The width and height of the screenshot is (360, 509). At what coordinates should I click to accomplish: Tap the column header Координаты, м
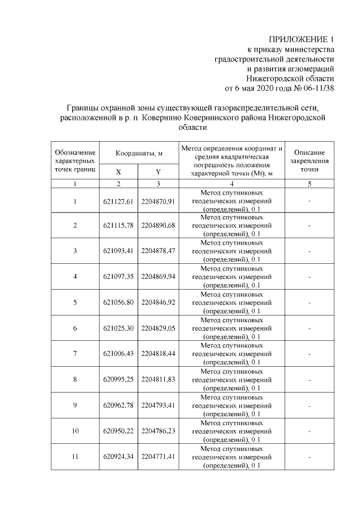[139, 153]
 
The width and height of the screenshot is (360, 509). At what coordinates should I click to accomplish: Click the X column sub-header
[118, 172]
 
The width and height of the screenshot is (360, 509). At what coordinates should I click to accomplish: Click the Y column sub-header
[158, 172]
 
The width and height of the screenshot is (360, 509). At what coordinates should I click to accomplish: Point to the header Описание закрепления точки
[309, 161]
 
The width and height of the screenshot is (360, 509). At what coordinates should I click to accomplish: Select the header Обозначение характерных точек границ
[75, 161]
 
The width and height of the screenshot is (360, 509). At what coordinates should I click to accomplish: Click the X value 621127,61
[118, 201]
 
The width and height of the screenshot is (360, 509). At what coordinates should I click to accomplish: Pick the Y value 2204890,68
[158, 226]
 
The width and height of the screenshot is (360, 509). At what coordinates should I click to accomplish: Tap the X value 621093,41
[118, 251]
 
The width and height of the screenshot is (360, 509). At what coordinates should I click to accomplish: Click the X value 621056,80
[118, 303]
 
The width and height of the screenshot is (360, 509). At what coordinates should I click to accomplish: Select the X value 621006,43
[118, 354]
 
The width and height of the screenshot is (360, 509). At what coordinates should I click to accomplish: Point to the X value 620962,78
[118, 405]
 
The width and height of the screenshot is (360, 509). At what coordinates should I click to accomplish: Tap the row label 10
[75, 431]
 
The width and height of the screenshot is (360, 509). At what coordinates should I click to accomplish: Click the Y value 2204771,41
[158, 456]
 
